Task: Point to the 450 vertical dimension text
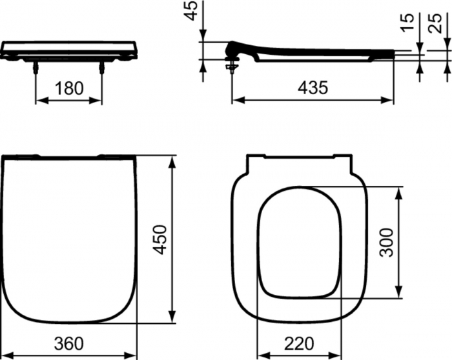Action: (x=159, y=239)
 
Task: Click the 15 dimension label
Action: (x=407, y=25)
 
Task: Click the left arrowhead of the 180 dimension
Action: (x=37, y=100)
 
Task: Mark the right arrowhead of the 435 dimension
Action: (x=390, y=99)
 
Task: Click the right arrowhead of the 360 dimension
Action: (x=134, y=353)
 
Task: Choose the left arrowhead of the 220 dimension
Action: (x=261, y=353)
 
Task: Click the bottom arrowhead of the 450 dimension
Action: (x=172, y=318)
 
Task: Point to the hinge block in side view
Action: (x=233, y=50)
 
